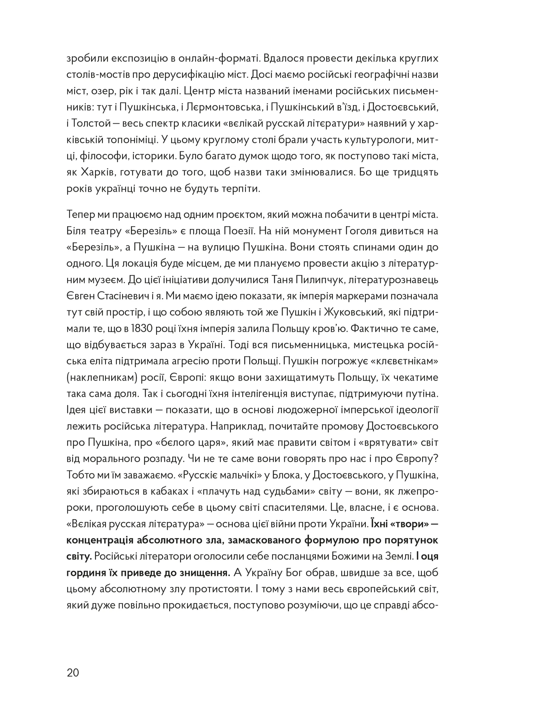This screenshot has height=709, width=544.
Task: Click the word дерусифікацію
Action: point(200,75)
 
